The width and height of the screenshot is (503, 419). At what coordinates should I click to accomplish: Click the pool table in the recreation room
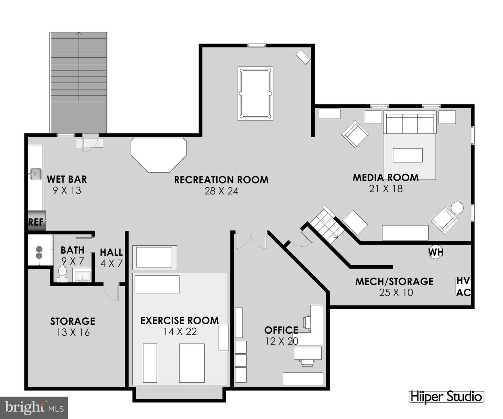(255, 93)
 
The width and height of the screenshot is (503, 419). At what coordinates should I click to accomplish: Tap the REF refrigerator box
(36, 221)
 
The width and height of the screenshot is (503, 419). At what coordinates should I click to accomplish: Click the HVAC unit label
(464, 287)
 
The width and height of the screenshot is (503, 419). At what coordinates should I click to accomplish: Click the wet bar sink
(35, 174)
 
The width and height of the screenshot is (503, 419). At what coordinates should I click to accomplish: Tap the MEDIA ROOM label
(386, 178)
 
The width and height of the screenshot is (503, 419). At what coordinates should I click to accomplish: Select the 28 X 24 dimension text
(221, 191)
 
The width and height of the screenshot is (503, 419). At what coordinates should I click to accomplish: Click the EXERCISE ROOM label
(180, 320)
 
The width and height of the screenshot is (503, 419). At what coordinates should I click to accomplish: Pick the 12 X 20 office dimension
(282, 341)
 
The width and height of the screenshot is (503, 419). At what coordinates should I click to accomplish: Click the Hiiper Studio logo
(446, 397)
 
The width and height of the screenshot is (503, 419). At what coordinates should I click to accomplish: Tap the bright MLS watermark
(34, 407)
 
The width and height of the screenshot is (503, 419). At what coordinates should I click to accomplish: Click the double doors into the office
(251, 240)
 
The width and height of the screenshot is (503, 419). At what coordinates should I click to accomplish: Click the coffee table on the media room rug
(408, 155)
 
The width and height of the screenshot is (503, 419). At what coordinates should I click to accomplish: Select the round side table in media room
(457, 208)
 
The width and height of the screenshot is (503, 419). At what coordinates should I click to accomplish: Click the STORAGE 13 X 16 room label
(73, 326)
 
